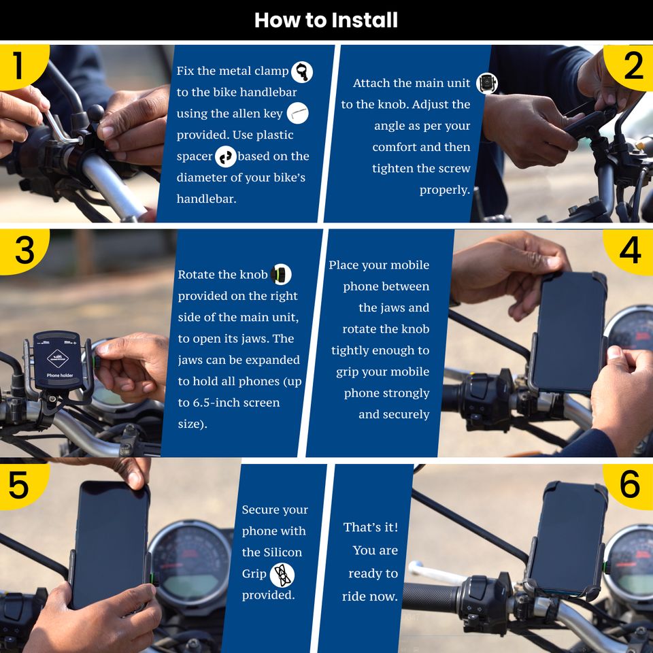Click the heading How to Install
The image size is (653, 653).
click(x=326, y=20)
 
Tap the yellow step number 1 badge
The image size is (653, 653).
click(x=22, y=66)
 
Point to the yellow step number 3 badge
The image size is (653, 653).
click(x=23, y=252)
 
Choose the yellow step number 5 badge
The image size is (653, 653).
click(x=22, y=486)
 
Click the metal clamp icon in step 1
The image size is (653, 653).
click(x=302, y=71)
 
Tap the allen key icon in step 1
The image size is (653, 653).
click(x=298, y=113)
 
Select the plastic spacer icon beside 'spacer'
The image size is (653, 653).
click(x=226, y=156)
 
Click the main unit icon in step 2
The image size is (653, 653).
click(x=487, y=83)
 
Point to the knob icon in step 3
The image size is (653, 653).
click(x=281, y=274)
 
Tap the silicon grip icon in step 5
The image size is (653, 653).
click(x=282, y=575)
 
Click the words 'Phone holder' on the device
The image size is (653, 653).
click(x=60, y=375)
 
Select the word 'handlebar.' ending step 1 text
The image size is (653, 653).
click(x=206, y=199)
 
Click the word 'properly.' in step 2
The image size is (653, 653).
click(x=445, y=190)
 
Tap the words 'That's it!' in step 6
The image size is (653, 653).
click(x=371, y=527)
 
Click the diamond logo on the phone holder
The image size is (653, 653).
click(x=57, y=358)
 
